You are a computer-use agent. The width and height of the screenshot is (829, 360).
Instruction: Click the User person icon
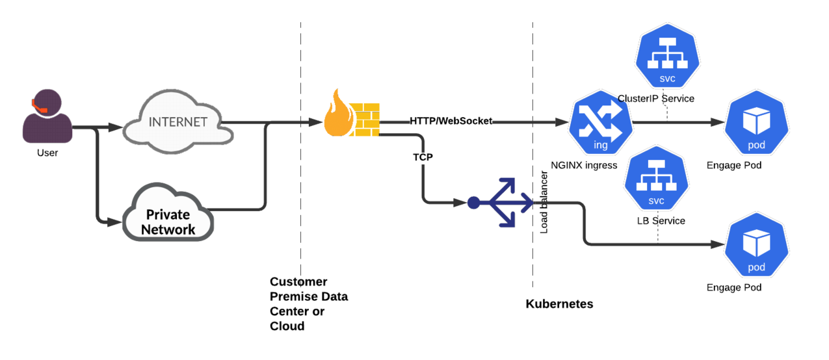(47, 116)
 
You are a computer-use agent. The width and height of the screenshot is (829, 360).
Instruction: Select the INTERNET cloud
(178, 122)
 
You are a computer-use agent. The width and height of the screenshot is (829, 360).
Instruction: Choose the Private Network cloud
(168, 212)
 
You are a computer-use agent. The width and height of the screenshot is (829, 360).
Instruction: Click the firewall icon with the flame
(352, 113)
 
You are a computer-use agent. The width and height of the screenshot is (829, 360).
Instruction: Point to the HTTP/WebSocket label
(451, 121)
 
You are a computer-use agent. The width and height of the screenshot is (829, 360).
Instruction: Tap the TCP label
(423, 157)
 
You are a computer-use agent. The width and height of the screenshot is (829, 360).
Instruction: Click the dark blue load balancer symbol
(500, 202)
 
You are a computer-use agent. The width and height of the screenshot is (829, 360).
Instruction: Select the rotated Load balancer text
(544, 202)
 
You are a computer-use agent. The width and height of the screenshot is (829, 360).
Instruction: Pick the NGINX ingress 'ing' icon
(601, 122)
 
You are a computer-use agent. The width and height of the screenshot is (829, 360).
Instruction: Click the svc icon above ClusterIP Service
(667, 55)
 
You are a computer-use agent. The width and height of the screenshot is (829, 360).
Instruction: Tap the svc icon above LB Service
(656, 178)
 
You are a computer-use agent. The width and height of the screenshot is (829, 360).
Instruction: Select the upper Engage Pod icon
(756, 122)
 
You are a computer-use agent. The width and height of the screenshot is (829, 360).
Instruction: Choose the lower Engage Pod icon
(756, 244)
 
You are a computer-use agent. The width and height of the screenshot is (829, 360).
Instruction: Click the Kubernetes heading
(559, 303)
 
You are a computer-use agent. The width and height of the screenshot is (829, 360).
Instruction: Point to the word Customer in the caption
(298, 281)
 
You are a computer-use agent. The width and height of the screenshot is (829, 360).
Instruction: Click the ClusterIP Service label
(656, 98)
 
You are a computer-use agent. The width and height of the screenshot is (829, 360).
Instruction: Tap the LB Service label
(661, 221)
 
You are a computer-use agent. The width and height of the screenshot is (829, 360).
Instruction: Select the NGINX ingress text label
(584, 165)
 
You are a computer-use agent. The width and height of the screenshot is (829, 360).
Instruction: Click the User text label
(47, 153)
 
